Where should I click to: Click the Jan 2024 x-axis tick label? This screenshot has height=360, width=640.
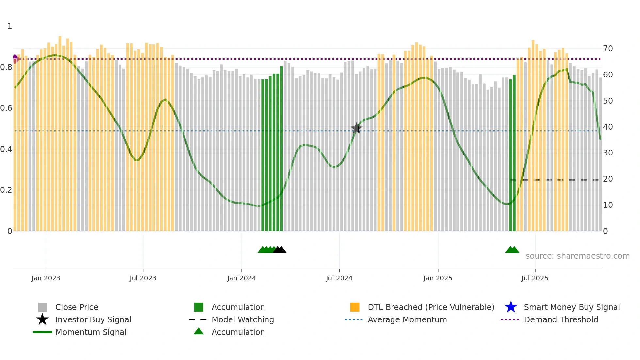(241, 278)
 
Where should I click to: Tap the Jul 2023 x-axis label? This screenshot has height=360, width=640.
(143, 278)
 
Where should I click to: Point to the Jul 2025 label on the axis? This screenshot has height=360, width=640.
(535, 278)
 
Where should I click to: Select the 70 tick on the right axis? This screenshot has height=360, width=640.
(608, 49)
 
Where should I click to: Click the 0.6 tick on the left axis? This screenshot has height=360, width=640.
(6, 108)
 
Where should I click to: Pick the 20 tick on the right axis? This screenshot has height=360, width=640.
(608, 179)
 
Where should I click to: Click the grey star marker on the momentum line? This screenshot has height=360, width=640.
(356, 128)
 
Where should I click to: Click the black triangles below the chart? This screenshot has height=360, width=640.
(280, 250)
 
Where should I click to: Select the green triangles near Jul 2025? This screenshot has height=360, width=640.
(512, 250)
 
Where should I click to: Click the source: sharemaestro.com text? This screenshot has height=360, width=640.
(577, 256)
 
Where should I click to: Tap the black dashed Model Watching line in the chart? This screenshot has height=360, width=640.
(555, 180)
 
